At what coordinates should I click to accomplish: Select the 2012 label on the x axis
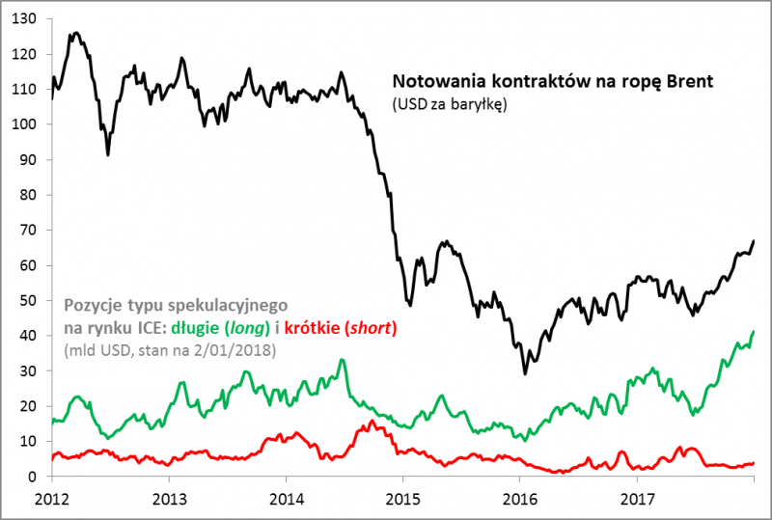click(x=52, y=499)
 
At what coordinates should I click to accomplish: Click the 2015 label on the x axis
click(x=401, y=499)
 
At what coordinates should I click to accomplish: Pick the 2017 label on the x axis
click(x=635, y=499)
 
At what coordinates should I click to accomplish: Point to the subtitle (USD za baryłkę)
click(x=448, y=103)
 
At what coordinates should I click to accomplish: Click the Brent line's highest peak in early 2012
click(x=75, y=33)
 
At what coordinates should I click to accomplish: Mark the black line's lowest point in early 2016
click(x=525, y=373)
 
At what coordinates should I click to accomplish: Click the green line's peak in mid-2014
click(x=342, y=361)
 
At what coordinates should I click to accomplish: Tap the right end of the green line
click(x=753, y=332)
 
